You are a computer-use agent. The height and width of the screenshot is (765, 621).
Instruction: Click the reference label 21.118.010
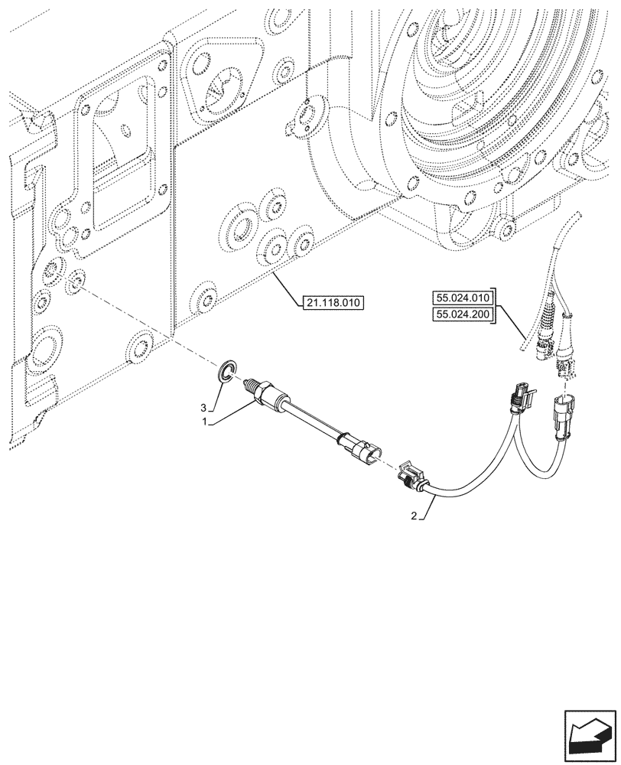coord(332,303)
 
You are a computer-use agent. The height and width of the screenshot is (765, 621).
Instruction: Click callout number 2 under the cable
coord(414,516)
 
